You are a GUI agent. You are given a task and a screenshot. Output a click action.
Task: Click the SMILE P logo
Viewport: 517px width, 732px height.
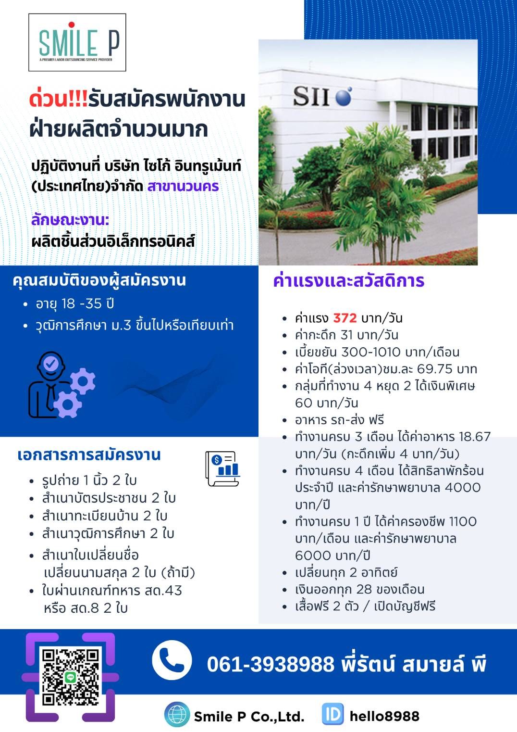coord(77,42)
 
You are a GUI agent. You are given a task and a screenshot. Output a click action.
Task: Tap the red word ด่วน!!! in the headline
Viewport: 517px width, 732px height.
coord(59,99)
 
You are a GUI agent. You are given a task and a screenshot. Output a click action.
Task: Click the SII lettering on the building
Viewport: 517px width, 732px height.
coord(310,96)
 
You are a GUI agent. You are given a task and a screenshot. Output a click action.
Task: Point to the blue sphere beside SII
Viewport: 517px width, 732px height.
coord(344,96)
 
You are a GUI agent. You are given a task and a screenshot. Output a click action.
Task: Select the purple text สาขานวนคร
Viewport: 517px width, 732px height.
coord(183,186)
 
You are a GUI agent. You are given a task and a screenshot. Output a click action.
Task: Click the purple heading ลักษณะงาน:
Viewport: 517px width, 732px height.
coord(70,220)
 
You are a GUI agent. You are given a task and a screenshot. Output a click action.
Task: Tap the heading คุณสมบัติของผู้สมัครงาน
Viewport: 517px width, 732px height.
coord(99,281)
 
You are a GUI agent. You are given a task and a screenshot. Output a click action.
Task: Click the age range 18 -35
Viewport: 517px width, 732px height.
coord(82,303)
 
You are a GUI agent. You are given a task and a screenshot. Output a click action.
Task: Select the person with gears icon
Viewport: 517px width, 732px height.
coord(62,385)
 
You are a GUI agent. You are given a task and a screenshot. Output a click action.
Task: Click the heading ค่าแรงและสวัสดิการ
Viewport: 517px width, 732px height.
coord(349,281)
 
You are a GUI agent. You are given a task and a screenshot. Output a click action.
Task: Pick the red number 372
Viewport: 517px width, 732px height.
coord(345,318)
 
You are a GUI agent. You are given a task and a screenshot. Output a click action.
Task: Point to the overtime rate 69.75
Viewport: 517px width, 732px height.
coord(435,369)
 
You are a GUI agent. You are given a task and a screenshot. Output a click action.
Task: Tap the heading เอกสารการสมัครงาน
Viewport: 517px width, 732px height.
coord(89,455)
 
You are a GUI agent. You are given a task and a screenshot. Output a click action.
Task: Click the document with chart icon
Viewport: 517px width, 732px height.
coord(223,468)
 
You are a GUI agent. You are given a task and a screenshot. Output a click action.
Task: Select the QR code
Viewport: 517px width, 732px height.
coord(71,677)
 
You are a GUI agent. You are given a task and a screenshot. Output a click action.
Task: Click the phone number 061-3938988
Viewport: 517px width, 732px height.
coord(271,664)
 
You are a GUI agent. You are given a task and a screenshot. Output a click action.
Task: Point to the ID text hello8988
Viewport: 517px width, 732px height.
coord(384,716)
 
